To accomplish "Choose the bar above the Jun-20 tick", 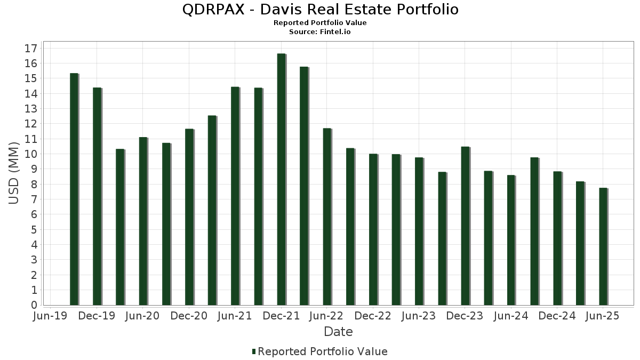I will [143, 221].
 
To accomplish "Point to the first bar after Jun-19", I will [74, 189].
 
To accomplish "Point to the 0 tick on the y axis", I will [34, 305].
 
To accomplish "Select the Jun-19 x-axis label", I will [50, 316].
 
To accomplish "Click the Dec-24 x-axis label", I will [557, 316].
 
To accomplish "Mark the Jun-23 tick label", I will [419, 316].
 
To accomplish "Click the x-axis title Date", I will [338, 332].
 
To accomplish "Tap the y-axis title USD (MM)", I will [14, 173].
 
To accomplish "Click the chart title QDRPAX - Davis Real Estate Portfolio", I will [320, 9].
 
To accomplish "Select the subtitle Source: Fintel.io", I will [320, 31].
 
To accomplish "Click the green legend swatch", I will [254, 351].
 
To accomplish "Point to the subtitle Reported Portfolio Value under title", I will [320, 23].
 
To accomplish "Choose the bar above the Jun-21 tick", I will [235, 196].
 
